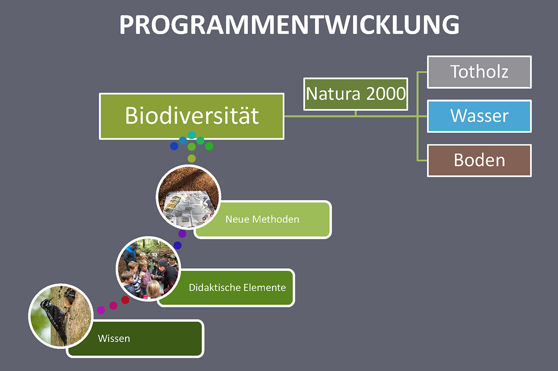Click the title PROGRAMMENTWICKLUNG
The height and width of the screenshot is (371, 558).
[x=289, y=24]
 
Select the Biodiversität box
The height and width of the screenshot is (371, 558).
[x=191, y=116]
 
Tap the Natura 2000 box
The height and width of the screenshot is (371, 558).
[x=356, y=94]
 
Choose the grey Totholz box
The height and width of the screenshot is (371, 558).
[x=479, y=72]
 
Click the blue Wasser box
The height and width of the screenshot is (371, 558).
[x=479, y=116]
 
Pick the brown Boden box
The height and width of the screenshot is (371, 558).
[x=479, y=161]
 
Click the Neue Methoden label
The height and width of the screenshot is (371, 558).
[x=262, y=219]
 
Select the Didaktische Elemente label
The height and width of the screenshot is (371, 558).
[x=237, y=288]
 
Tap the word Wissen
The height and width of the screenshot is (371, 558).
[x=114, y=338]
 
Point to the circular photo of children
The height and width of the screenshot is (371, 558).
[x=149, y=269]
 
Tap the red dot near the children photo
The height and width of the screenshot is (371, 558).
[x=125, y=300]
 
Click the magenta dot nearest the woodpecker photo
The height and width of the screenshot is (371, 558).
[x=101, y=310]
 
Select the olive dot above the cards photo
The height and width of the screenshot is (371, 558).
[x=191, y=158]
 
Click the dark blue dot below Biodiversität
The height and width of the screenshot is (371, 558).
[x=174, y=146]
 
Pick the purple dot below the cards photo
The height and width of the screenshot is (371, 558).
[x=182, y=234]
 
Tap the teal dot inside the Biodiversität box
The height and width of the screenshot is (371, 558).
[x=191, y=135]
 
